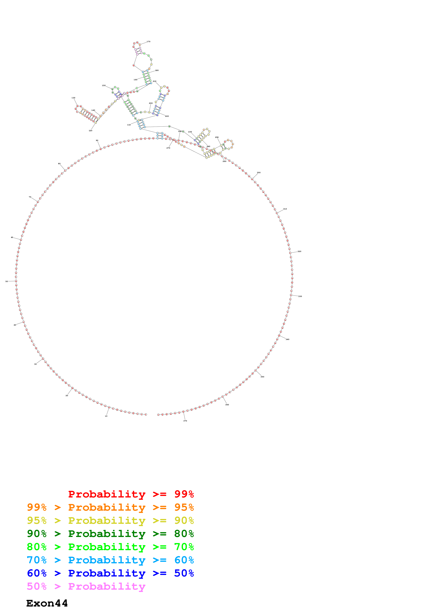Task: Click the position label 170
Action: click(148, 42)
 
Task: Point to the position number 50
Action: click(7, 281)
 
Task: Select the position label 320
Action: click(299, 251)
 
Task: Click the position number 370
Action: click(185, 421)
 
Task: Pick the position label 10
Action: click(106, 416)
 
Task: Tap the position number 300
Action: click(259, 172)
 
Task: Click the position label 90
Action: click(97, 140)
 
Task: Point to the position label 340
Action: click(287, 339)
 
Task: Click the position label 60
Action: click(12, 237)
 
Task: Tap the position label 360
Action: click(227, 405)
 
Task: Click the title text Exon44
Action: click(47, 603)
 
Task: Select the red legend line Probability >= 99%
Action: click(131, 494)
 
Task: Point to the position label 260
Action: click(224, 161)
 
